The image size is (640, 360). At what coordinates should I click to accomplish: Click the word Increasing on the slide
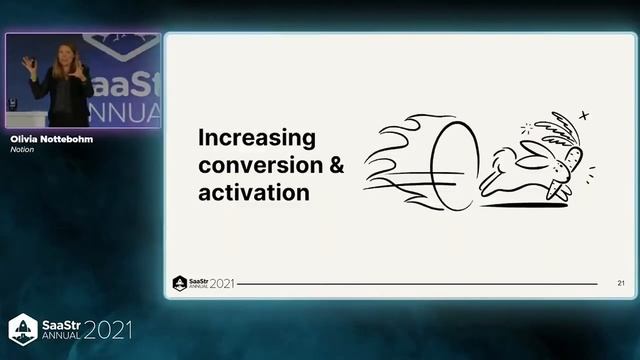coord(256,137)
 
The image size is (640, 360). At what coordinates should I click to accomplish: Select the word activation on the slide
coord(253,192)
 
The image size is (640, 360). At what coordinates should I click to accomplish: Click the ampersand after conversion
coord(336,165)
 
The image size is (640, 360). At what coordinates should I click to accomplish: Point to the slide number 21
coord(621,284)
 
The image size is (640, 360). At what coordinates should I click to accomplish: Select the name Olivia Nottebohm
coord(50,139)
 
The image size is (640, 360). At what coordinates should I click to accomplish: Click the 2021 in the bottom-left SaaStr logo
coord(106,330)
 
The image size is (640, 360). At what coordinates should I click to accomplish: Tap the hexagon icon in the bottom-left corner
coord(23,329)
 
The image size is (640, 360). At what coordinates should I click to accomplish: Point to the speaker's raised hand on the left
coord(29,63)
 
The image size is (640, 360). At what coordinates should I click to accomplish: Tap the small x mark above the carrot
coord(584,116)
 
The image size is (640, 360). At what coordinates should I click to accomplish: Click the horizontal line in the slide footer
coord(420,285)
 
